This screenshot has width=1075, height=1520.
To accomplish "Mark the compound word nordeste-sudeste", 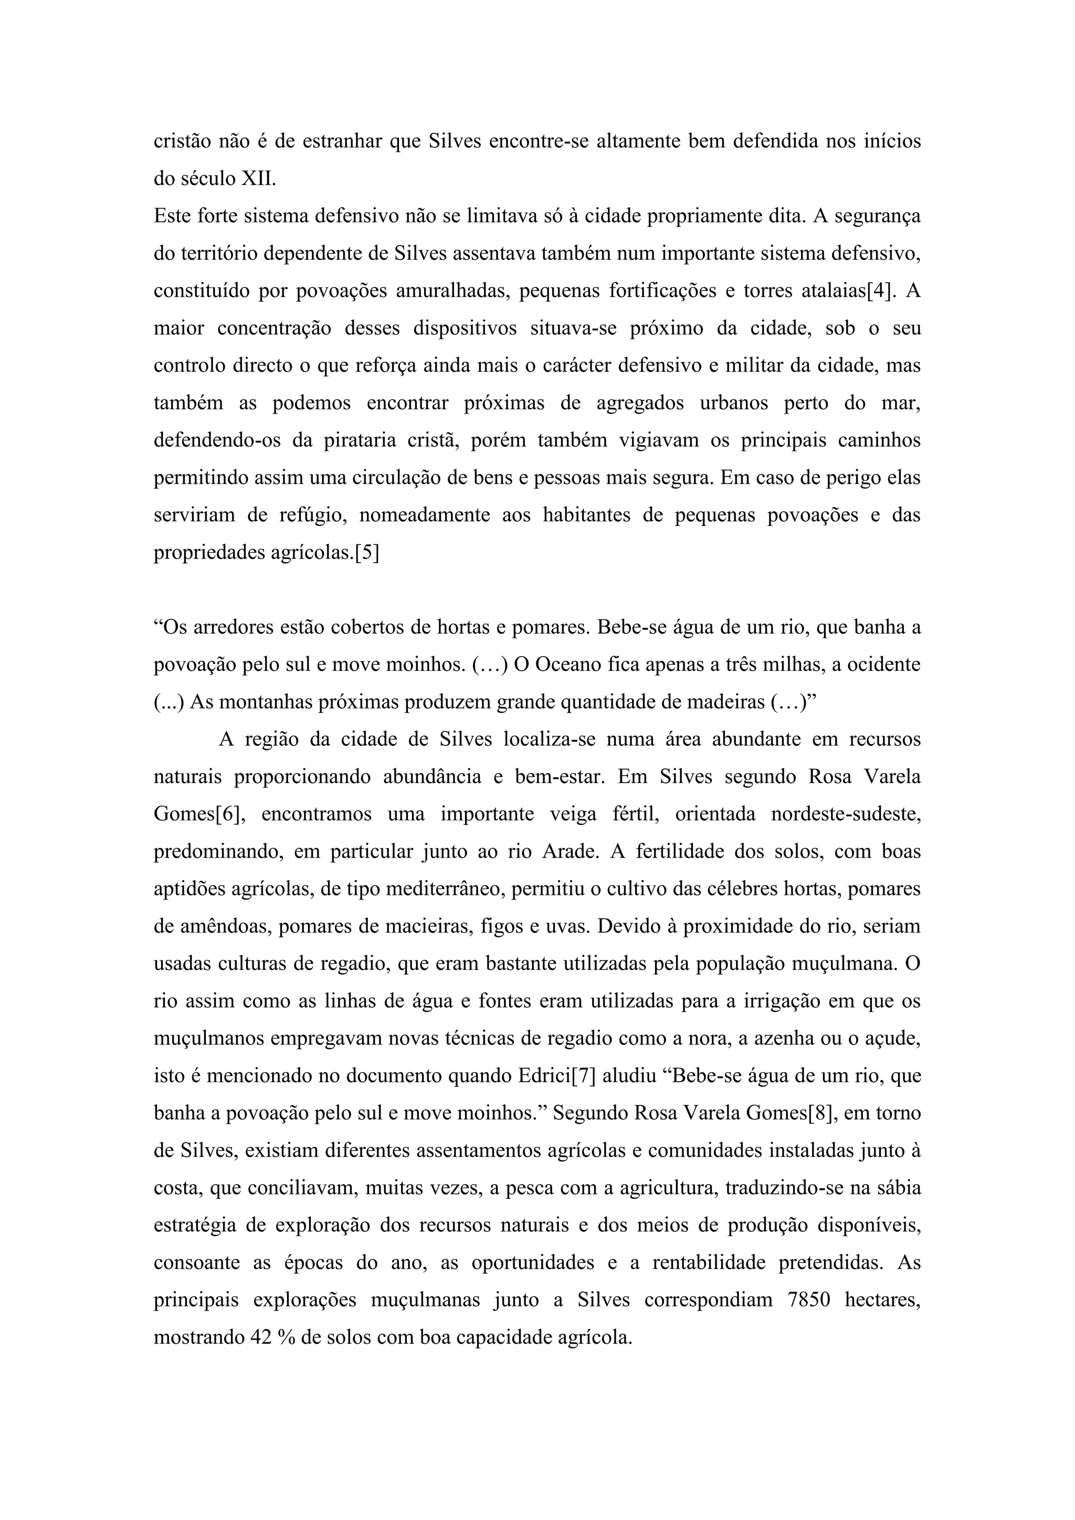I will (x=845, y=814).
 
